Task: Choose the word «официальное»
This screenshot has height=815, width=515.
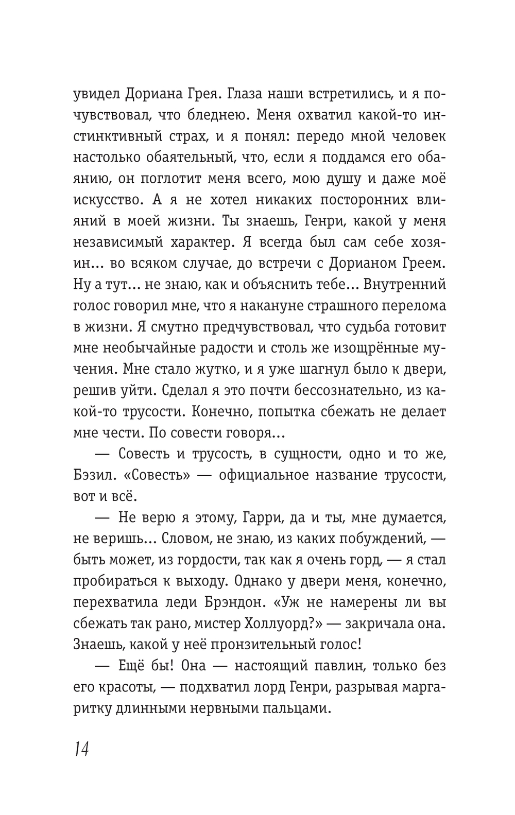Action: [x=266, y=475]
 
